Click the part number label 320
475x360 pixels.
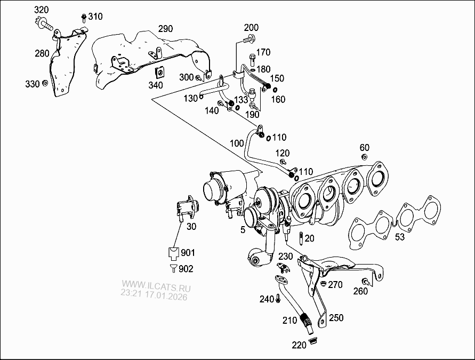(41, 10)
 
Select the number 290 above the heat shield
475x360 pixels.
(165, 28)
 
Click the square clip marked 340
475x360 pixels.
(159, 72)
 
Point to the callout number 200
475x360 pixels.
(251, 28)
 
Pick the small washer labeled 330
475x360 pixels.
(45, 83)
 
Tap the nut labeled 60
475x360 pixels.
(365, 157)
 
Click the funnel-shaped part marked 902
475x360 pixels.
(173, 268)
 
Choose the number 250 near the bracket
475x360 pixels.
(336, 318)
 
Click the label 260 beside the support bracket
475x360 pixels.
(360, 291)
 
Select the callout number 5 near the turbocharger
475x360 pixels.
(243, 230)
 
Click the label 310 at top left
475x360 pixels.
(95, 16)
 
